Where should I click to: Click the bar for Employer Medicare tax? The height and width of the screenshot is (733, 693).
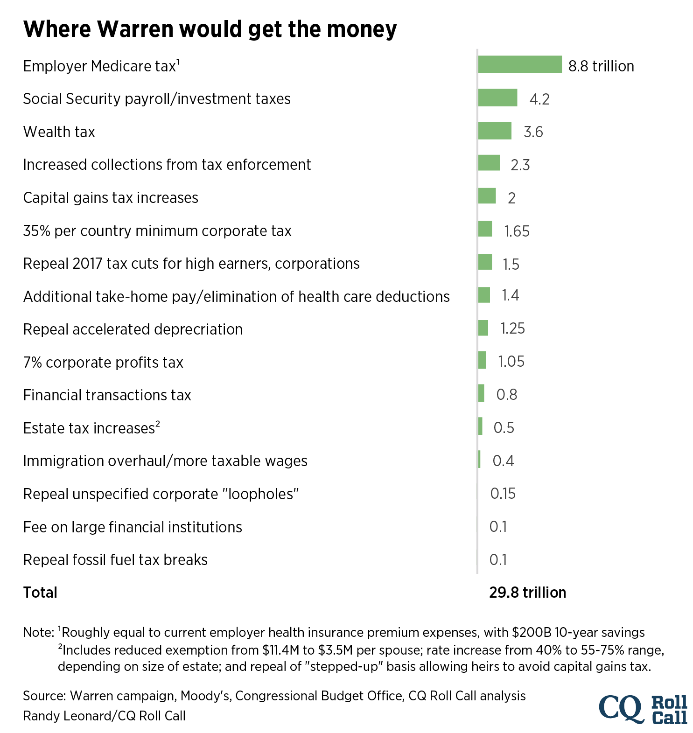pos(519,65)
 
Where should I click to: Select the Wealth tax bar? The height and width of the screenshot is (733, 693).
pos(495,131)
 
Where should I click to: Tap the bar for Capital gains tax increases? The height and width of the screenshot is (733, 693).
pos(487,196)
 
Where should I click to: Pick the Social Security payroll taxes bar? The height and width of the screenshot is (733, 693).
pos(497,98)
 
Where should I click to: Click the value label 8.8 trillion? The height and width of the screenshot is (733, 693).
pos(601,66)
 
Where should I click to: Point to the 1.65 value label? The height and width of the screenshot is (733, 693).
pos(517,231)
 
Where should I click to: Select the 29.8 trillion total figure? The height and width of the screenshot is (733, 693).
pos(527,593)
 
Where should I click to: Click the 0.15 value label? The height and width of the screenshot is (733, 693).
pos(503,494)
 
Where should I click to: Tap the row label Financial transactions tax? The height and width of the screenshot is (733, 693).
pos(107,395)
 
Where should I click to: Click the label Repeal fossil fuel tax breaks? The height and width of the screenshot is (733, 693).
pos(115,560)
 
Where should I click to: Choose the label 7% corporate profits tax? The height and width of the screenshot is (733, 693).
pos(103,363)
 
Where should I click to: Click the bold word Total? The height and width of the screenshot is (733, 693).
pos(40,593)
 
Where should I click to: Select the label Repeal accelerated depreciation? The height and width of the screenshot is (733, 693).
pos(133,329)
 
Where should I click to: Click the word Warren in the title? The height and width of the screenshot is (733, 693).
pos(135,29)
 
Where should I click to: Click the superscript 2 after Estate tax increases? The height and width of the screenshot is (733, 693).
pos(158,424)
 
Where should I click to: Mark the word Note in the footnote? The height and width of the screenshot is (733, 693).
pos(38,633)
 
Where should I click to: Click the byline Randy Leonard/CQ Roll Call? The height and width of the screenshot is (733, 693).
pos(104,716)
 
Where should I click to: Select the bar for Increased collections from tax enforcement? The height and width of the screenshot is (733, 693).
pos(489,163)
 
